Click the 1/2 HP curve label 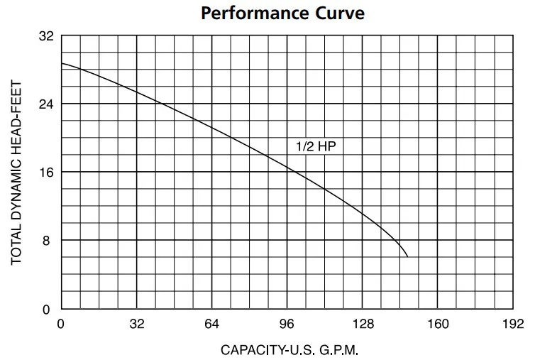(315, 146)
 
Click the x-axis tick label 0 (61, 324)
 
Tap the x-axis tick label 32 (137, 324)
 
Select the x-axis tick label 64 (212, 324)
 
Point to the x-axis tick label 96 (287, 324)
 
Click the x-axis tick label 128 (363, 324)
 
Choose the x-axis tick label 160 (438, 324)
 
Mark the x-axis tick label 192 (513, 324)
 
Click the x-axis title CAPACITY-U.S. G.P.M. (289, 350)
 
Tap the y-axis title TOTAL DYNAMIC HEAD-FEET (17, 173)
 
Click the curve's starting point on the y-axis (62, 63)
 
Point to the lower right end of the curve (407, 256)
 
